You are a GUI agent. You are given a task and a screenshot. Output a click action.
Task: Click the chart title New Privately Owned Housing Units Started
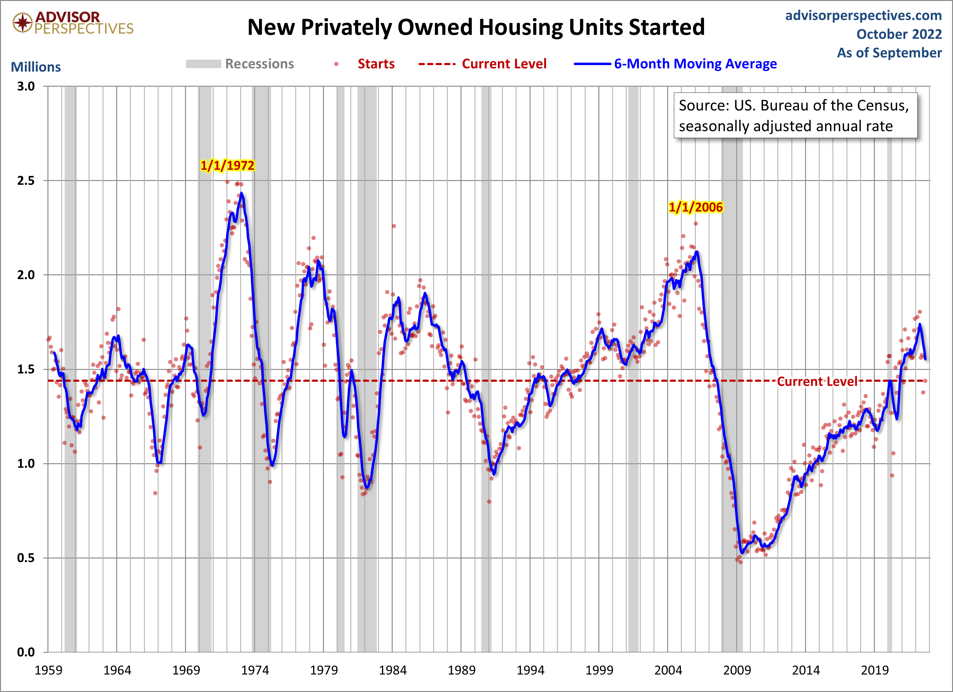pyautogui.click(x=476, y=27)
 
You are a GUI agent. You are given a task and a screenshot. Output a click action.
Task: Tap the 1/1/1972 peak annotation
pyautogui.click(x=227, y=165)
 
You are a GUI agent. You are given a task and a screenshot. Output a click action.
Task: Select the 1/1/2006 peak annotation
pyautogui.click(x=695, y=207)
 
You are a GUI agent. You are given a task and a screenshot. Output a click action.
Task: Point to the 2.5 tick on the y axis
pyautogui.click(x=26, y=181)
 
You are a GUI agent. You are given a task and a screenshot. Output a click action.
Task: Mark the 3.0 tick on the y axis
pyautogui.click(x=26, y=86)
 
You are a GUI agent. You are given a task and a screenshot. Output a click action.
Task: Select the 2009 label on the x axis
pyautogui.click(x=737, y=670)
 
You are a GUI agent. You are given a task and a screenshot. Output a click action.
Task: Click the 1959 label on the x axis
pyautogui.click(x=48, y=670)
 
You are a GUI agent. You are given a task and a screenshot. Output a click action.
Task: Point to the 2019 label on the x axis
pyautogui.click(x=874, y=670)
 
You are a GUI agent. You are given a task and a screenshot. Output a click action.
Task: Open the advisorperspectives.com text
pyautogui.click(x=864, y=16)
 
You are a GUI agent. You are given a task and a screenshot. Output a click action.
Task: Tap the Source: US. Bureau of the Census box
pyautogui.click(x=795, y=116)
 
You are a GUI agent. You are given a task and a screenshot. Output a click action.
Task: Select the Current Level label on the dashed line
pyautogui.click(x=817, y=381)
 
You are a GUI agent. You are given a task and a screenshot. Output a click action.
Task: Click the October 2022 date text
pyautogui.click(x=899, y=34)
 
